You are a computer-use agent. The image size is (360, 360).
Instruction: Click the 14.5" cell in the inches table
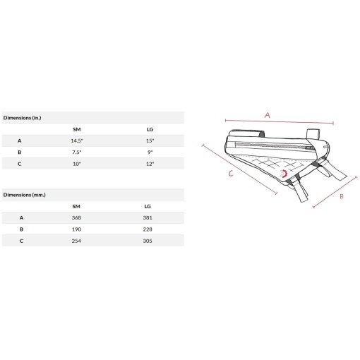[x=77, y=140]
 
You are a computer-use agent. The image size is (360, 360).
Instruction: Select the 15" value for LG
[x=150, y=140]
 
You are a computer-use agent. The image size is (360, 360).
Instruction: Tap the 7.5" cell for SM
[x=77, y=152]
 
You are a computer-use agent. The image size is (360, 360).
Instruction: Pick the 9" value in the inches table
[x=150, y=152]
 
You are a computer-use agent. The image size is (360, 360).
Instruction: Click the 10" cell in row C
[x=77, y=164]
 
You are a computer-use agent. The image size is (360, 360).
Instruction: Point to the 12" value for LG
[x=150, y=164]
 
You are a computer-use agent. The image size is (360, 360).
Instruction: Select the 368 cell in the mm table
[x=76, y=217]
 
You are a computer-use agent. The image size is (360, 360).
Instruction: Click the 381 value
[x=148, y=217]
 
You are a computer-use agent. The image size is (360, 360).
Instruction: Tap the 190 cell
[x=76, y=229]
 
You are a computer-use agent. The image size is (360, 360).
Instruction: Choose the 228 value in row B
[x=148, y=229]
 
